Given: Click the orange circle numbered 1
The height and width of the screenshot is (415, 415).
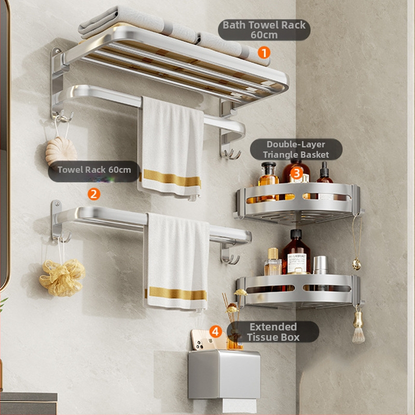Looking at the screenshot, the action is [x=264, y=52].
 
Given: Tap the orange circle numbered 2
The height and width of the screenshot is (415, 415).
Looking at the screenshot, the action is [x=94, y=194].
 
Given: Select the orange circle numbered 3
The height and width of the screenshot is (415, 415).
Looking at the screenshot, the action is [x=296, y=173].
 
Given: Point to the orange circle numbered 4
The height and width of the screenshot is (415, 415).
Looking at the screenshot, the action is [x=216, y=331].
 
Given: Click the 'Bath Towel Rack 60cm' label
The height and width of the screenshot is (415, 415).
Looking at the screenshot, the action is [x=264, y=30].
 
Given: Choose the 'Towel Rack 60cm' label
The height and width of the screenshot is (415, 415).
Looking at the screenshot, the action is [x=94, y=170].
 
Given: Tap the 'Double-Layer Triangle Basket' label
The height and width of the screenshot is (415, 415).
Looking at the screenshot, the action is [x=296, y=149].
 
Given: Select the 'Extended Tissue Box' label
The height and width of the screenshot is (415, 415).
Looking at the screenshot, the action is [x=273, y=332].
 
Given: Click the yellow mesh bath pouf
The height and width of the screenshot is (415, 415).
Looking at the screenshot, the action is [x=62, y=278].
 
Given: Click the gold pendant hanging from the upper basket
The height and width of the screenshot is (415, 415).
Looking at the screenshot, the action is [x=356, y=265].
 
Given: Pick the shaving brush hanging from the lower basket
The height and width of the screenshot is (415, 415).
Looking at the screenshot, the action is [x=358, y=328].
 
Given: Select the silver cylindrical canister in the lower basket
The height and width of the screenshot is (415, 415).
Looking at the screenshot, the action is [x=321, y=265].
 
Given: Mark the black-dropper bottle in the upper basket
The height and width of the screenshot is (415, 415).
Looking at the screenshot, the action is [x=325, y=175].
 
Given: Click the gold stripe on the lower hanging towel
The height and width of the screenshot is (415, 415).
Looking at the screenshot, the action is [x=178, y=294].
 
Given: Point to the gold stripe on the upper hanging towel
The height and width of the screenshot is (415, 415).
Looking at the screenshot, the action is [x=171, y=178].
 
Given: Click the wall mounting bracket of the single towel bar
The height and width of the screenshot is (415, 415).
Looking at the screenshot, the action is [x=57, y=220].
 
